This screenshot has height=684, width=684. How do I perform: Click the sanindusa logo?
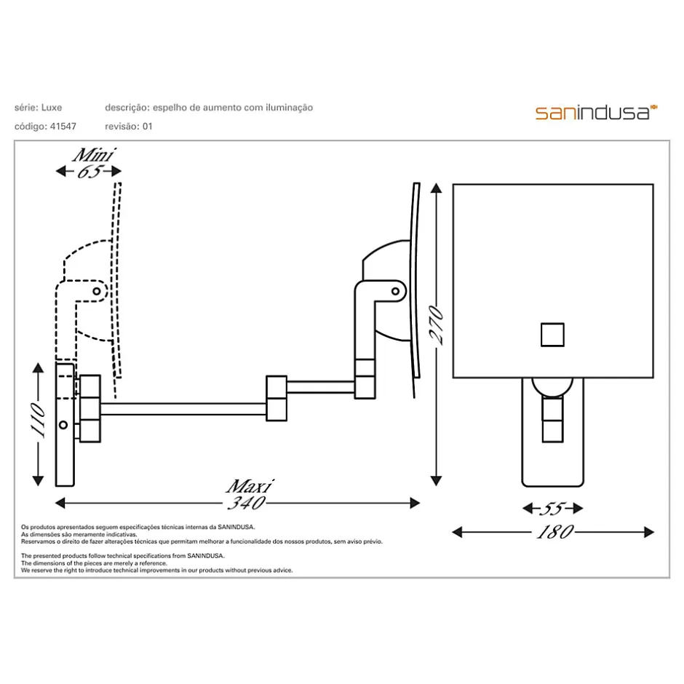[x=596, y=112]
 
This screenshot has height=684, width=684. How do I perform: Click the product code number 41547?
[x=63, y=127]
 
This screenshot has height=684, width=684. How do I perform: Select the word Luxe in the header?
[x=52, y=107]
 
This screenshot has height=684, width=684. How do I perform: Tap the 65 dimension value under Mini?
[x=90, y=172]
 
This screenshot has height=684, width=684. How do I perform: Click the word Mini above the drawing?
[x=93, y=155]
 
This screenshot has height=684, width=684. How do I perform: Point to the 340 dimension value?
[x=247, y=503]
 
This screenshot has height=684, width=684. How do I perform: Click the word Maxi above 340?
[x=250, y=486]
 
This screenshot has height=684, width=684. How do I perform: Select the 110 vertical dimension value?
[x=39, y=420]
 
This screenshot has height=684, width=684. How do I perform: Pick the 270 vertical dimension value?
[x=436, y=325]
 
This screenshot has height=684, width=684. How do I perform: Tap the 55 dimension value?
[x=553, y=509]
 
